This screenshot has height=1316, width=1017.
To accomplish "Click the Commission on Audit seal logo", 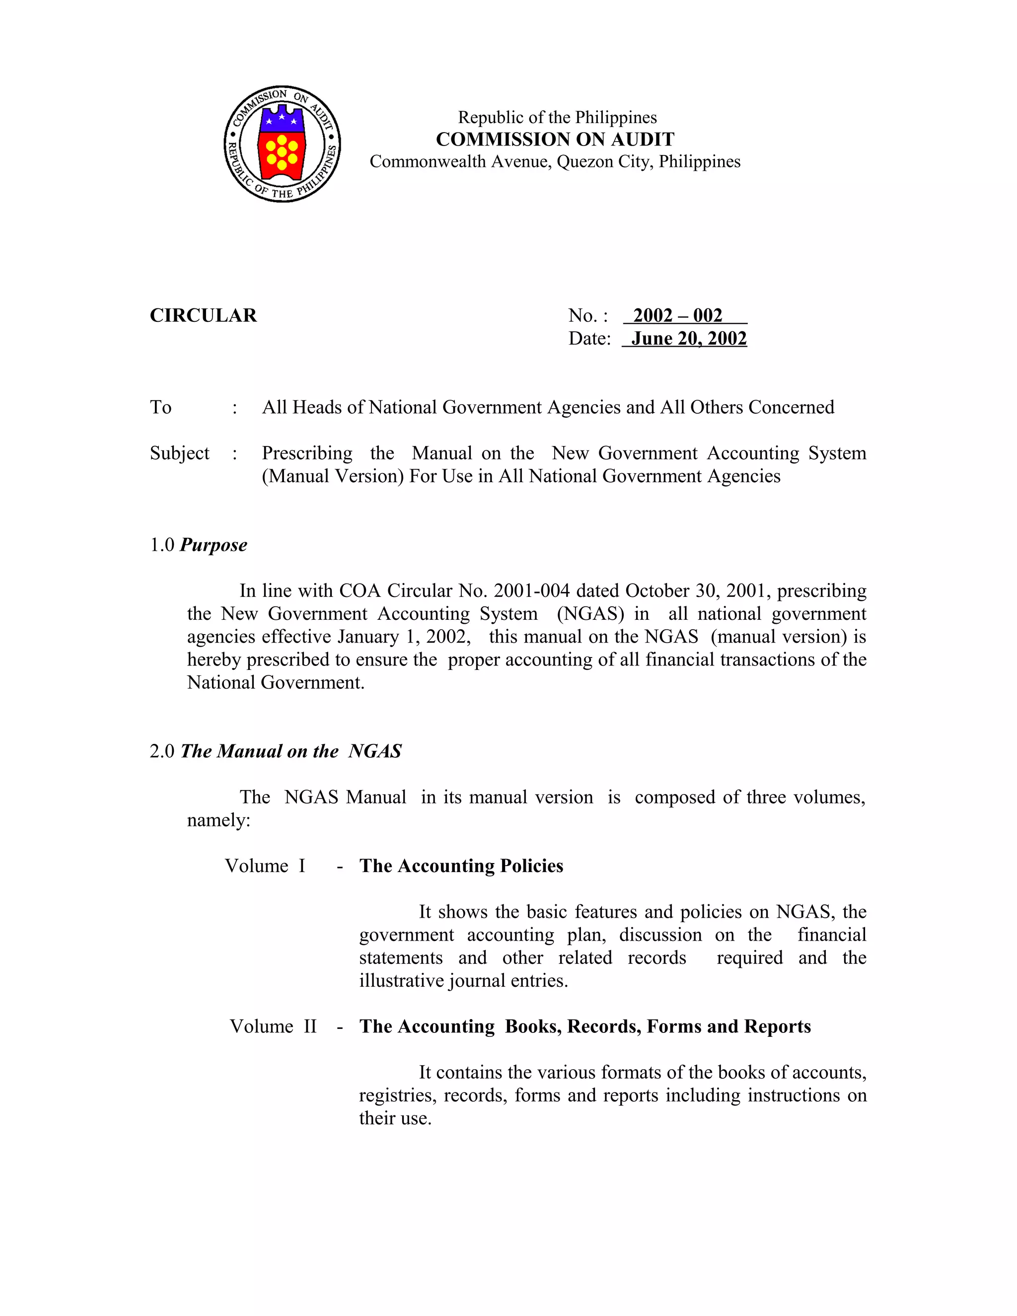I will [x=282, y=144].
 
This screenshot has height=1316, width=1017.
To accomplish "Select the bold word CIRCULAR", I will [x=203, y=315].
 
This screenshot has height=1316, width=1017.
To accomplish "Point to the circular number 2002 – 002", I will [x=678, y=315].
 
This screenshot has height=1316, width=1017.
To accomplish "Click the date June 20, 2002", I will [x=689, y=339].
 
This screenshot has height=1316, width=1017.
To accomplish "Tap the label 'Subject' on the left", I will [x=180, y=453].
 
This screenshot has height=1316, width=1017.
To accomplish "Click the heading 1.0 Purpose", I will [x=199, y=545].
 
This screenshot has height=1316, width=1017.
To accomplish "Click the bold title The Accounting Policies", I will [x=461, y=866].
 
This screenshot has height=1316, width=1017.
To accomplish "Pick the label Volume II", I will [x=273, y=1026].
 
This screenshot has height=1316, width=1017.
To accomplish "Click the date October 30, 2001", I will [x=698, y=590].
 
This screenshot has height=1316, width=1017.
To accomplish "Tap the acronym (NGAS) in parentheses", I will [x=590, y=613].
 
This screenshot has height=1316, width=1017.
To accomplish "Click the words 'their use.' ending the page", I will [x=395, y=1118].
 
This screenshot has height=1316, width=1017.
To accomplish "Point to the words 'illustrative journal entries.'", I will [x=463, y=980].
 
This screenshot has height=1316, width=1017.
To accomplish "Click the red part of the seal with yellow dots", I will [x=282, y=155].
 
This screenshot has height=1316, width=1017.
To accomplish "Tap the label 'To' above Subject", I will [x=161, y=407].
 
